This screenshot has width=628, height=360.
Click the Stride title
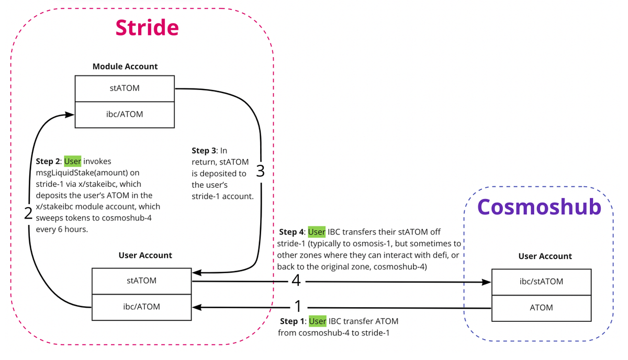tap(147, 27)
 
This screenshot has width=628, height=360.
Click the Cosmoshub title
tap(540, 207)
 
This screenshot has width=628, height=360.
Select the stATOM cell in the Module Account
tap(125, 88)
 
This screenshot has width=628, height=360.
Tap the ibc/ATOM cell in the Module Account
tap(125, 114)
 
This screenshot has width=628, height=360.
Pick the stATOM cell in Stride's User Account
tap(141, 280)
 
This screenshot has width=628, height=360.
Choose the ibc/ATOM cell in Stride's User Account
tap(141, 307)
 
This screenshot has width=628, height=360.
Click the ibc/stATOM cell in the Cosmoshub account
tap(541, 282)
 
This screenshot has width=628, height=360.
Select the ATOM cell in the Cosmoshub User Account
tap(541, 308)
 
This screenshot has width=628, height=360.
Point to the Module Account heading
tap(125, 66)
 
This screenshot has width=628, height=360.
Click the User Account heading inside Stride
tap(145, 255)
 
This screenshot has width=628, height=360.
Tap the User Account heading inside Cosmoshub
tap(545, 256)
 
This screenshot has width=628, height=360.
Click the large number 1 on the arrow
tap(298, 306)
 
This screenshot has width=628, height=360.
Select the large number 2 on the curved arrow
tap(28, 213)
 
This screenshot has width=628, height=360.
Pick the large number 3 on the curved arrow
tap(260, 171)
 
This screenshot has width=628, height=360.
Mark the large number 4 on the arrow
tap(296, 282)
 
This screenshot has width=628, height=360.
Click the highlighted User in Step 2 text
tap(73, 161)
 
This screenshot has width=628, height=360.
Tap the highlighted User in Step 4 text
tap(317, 232)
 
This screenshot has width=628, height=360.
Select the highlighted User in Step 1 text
tap(317, 321)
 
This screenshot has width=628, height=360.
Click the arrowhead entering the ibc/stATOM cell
tap(487, 282)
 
